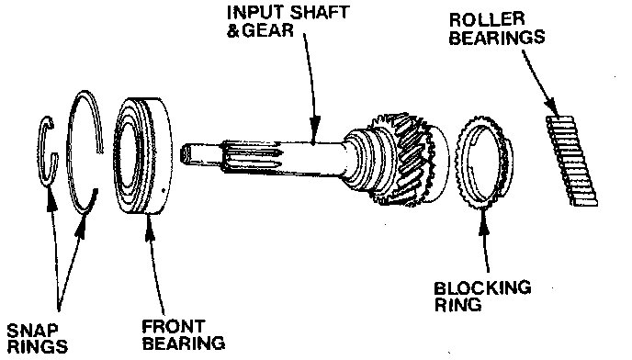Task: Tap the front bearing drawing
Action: click(x=143, y=155)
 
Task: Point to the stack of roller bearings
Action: click(x=571, y=162)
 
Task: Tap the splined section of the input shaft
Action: click(x=250, y=155)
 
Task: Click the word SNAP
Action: click(x=32, y=331)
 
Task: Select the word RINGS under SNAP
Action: click(x=38, y=347)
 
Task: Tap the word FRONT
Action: click(x=174, y=327)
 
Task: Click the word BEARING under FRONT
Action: click(x=184, y=343)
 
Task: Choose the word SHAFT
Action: click(x=320, y=12)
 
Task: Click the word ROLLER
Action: click(x=487, y=19)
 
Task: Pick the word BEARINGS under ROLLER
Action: click(x=497, y=37)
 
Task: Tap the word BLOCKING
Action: click(x=482, y=287)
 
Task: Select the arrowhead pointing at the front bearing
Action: click(x=150, y=227)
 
